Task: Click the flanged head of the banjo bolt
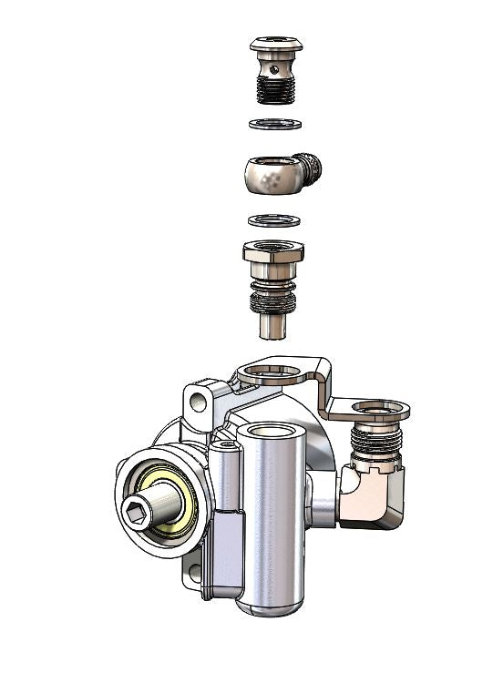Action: click(275, 44)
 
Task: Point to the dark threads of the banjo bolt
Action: click(275, 89)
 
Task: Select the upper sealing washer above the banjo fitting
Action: click(274, 124)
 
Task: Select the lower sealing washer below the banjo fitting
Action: click(274, 220)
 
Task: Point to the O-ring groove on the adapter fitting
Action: click(273, 297)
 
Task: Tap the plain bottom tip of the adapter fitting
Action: click(273, 326)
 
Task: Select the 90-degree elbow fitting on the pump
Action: click(373, 497)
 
